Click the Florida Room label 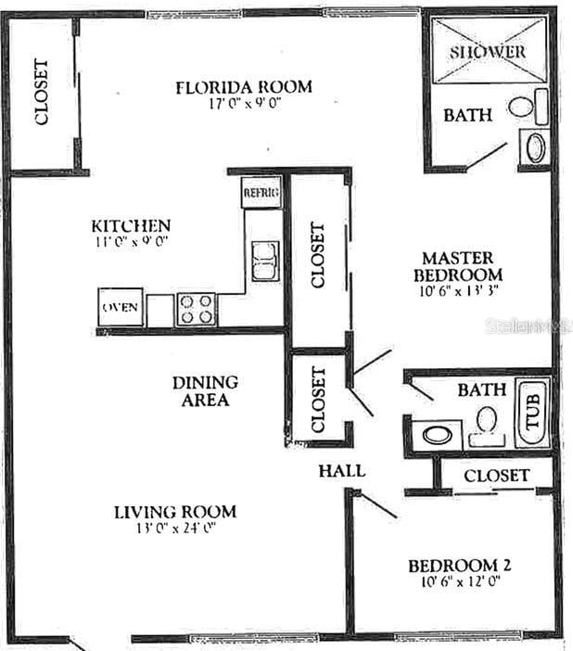[244, 87]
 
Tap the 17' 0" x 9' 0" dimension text [244, 104]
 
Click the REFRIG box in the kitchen [261, 193]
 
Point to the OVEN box [121, 307]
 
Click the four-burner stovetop [196, 308]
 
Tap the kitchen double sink [264, 261]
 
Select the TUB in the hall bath [533, 409]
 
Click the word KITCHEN [131, 225]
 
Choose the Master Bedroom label [458, 266]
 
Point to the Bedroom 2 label [461, 566]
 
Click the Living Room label [174, 511]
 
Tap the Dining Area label [205, 390]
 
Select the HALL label [341, 470]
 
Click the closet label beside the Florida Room [42, 93]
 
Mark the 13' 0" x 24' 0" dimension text [174, 529]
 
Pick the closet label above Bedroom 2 [496, 476]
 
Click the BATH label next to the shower [467, 116]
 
